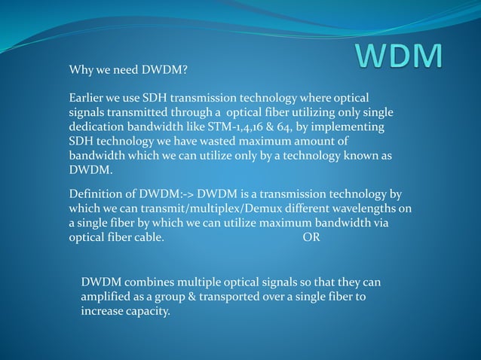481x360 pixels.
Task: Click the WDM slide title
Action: (399, 59)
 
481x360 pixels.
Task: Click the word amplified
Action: (107, 297)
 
